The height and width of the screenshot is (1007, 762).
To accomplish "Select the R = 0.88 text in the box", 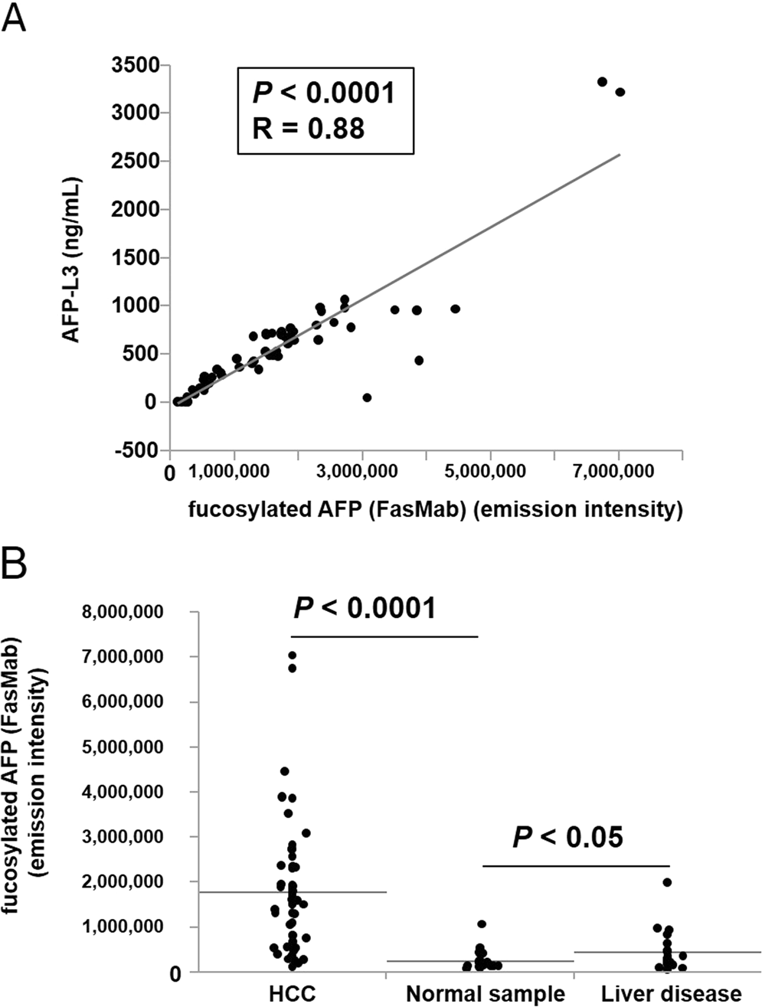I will (309, 128).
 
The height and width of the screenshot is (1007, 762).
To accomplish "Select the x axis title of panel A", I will (435, 509).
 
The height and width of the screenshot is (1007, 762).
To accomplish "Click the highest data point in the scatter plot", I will (602, 82).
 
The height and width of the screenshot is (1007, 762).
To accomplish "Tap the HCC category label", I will (292, 993).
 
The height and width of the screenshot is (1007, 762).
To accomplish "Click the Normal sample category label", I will (485, 993).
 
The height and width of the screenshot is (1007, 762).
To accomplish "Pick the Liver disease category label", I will (671, 993).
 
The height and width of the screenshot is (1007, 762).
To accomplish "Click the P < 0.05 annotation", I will (567, 837).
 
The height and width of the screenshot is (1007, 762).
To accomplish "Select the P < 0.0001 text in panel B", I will (365, 608).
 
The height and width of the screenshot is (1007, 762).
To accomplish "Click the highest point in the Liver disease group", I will (667, 882).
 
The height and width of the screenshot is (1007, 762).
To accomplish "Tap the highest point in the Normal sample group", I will (482, 924).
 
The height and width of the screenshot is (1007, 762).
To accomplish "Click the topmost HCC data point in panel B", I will (292, 656).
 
